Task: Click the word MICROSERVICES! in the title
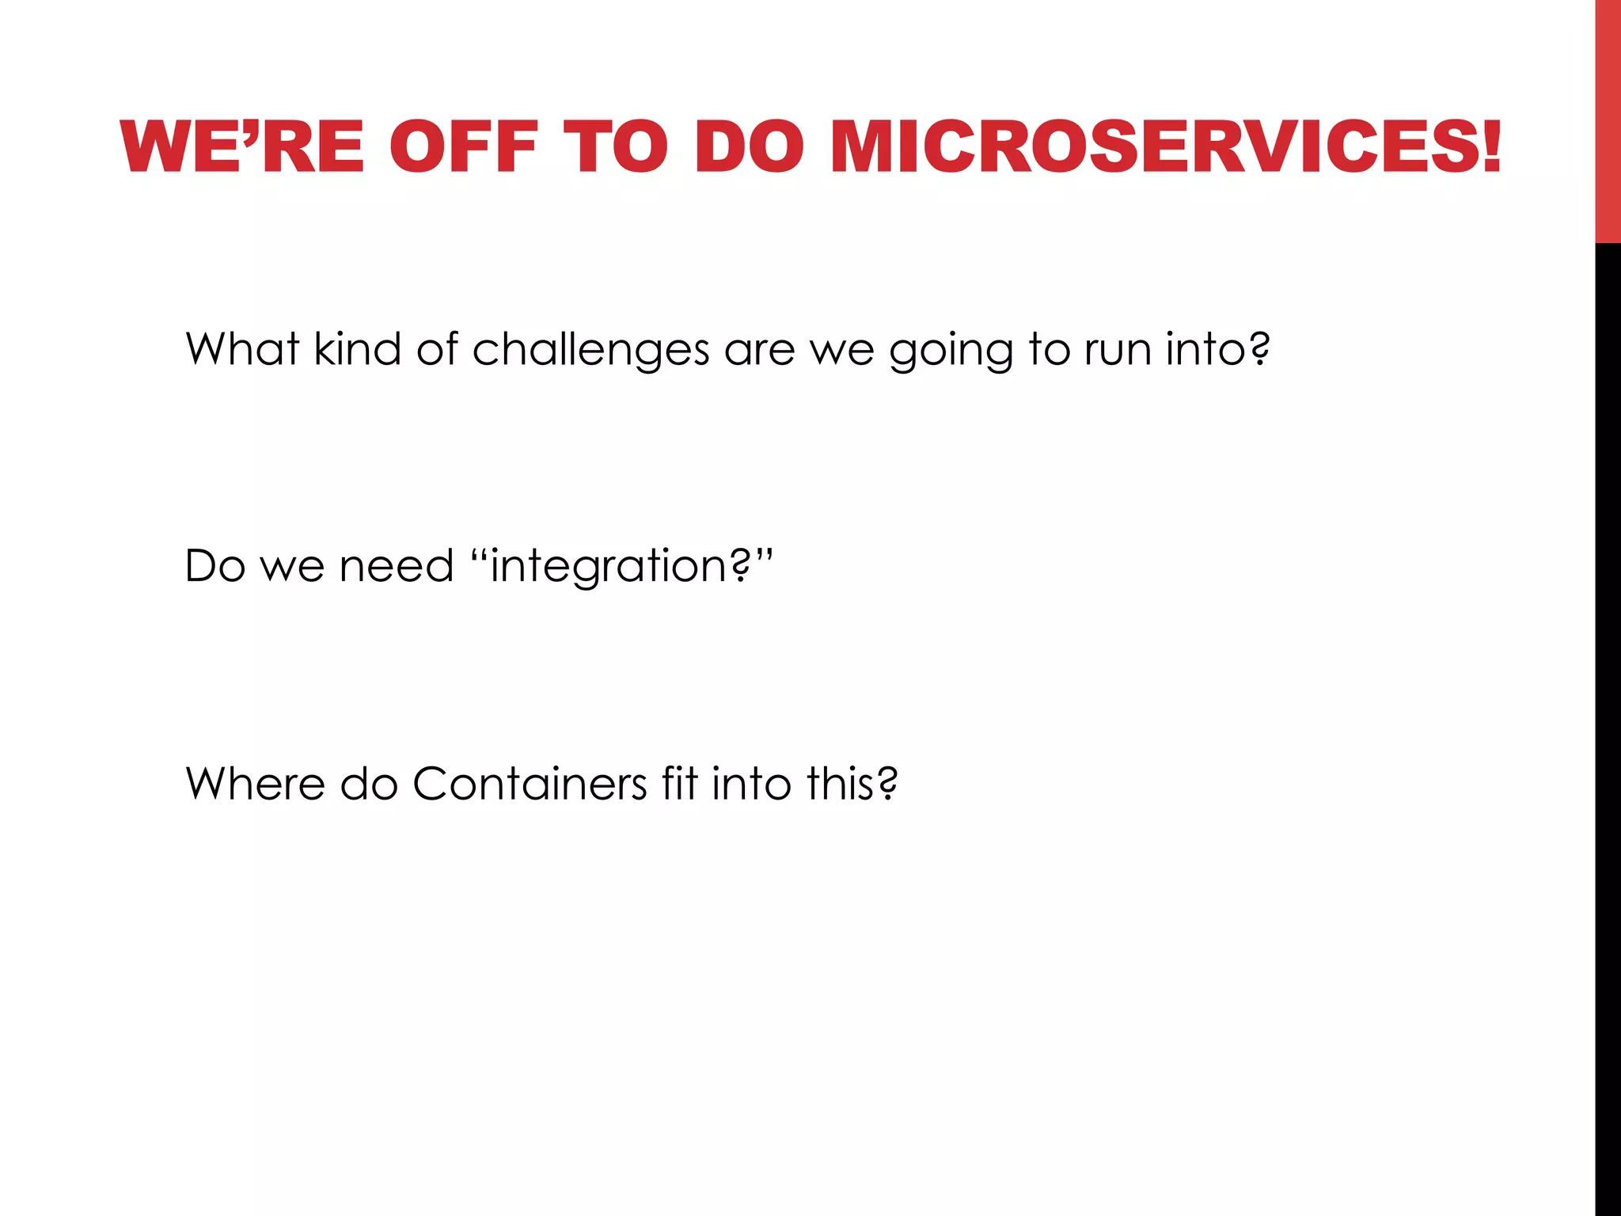(1165, 147)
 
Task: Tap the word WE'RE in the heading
(242, 147)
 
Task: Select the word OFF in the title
(464, 147)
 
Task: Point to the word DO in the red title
(749, 147)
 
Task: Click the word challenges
(590, 350)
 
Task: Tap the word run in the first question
(1117, 350)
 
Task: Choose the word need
(397, 566)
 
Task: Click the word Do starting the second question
(214, 566)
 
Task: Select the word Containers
(530, 784)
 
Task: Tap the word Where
(255, 784)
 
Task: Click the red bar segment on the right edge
(1608, 119)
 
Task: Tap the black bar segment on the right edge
(1608, 712)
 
